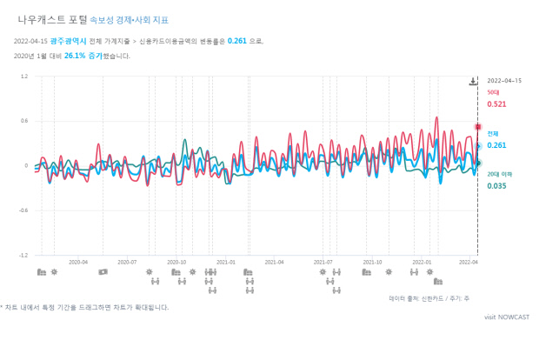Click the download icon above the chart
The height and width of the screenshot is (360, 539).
(x=473, y=82)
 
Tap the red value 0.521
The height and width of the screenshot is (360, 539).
(x=496, y=104)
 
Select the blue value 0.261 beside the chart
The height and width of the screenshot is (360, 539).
(x=496, y=145)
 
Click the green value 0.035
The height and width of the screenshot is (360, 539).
(x=496, y=186)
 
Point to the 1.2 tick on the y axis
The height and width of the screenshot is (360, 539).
(x=24, y=77)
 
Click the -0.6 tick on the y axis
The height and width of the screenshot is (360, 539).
(x=23, y=210)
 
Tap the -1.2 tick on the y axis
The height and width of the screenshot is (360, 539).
(x=23, y=256)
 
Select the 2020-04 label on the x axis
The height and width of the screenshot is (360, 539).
(x=79, y=261)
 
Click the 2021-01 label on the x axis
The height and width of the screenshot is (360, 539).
(x=226, y=261)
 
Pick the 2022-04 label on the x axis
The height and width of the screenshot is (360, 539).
(x=469, y=261)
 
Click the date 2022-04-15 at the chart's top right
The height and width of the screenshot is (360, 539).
(x=504, y=80)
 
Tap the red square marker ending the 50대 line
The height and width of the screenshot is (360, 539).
(x=477, y=127)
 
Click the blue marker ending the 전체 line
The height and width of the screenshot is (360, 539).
(x=477, y=146)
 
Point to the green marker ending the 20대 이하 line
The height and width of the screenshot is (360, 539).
(x=477, y=163)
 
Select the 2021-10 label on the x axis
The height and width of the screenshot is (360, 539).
(x=373, y=261)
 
